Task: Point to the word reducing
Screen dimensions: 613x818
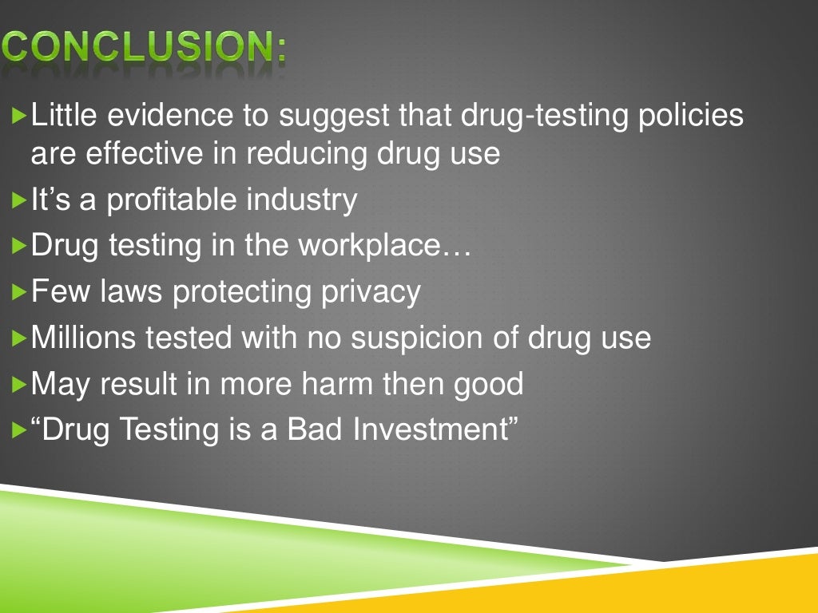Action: pyautogui.click(x=304, y=152)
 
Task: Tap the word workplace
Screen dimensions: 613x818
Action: pyautogui.click(x=384, y=246)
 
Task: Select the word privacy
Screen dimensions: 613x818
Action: pyautogui.click(x=371, y=292)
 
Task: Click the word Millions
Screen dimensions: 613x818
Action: pyautogui.click(x=83, y=338)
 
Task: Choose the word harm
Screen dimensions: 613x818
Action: pyautogui.click(x=339, y=384)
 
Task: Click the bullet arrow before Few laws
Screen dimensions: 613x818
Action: pyautogui.click(x=20, y=293)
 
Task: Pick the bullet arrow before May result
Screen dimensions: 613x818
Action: pyautogui.click(x=20, y=385)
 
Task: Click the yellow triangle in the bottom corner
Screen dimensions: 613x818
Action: pyautogui.click(x=743, y=591)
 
